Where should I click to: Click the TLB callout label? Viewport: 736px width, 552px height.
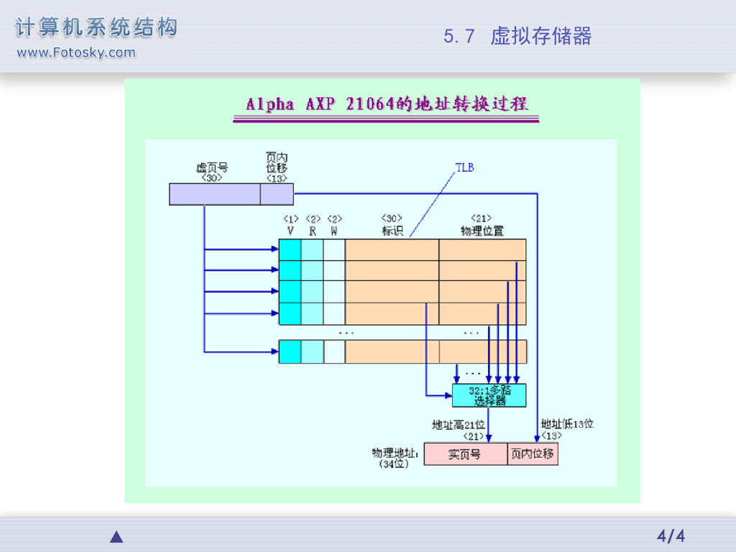pyautogui.click(x=465, y=167)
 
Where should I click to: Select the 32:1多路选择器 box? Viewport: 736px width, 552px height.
pyautogui.click(x=489, y=395)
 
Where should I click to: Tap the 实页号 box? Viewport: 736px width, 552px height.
pyautogui.click(x=465, y=454)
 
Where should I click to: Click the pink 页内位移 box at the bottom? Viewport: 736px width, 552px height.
pyautogui.click(x=533, y=454)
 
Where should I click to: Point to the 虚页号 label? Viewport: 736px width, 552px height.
pyautogui.click(x=212, y=167)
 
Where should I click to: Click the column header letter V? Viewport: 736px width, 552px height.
pyautogui.click(x=290, y=231)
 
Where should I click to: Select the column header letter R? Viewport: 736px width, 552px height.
pyautogui.click(x=313, y=231)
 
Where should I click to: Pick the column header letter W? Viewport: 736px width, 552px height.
pyautogui.click(x=334, y=231)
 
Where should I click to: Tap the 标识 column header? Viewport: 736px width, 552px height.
pyautogui.click(x=392, y=231)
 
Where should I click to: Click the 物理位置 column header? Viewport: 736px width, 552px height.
pyautogui.click(x=482, y=231)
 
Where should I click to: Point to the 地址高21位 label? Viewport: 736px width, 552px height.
pyautogui.click(x=459, y=425)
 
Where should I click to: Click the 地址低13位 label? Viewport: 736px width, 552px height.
pyautogui.click(x=567, y=424)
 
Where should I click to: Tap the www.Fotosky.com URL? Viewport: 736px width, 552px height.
pyautogui.click(x=75, y=52)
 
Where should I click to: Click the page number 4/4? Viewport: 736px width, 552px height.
pyautogui.click(x=671, y=536)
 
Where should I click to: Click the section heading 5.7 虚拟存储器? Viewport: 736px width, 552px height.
pyautogui.click(x=517, y=37)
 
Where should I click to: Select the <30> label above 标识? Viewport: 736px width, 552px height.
pyautogui.click(x=392, y=218)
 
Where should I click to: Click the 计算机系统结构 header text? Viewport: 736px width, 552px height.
pyautogui.click(x=96, y=29)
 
